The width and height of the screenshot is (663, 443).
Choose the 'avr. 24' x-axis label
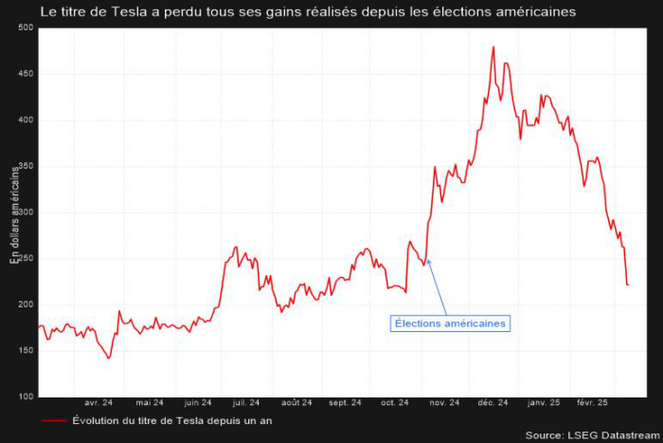click(x=99, y=402)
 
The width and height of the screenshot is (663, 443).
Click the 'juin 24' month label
click(x=198, y=402)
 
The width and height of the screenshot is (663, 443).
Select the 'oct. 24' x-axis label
click(x=394, y=402)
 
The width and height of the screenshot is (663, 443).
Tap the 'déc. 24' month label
click(x=493, y=402)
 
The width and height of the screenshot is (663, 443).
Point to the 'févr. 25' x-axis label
click(x=594, y=402)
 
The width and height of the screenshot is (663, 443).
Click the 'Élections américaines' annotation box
click(x=451, y=323)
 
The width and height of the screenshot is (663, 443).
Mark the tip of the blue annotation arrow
click(x=427, y=259)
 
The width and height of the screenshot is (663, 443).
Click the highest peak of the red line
click(x=493, y=47)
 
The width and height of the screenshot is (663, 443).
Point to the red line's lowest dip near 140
click(x=109, y=359)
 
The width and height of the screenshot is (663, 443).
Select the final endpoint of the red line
click(x=628, y=285)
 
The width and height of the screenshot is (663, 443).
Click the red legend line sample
click(x=54, y=420)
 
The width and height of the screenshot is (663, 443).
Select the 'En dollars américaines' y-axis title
click(x=13, y=214)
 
